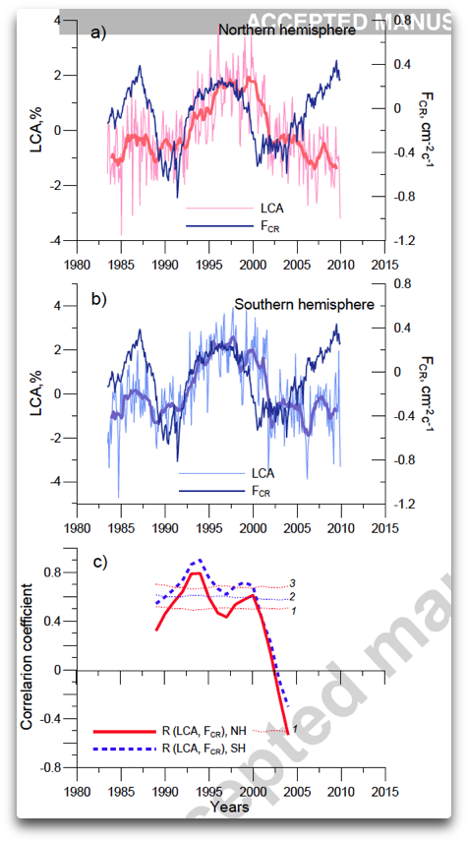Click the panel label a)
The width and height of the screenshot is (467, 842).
[x=98, y=32]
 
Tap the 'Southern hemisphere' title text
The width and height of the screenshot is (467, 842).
[x=304, y=305]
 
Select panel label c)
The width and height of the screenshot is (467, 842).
[x=99, y=563]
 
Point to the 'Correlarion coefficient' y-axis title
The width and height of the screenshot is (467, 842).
[x=29, y=656]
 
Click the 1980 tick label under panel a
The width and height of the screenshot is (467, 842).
[x=77, y=265]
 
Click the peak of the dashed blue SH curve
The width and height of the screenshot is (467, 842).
[x=200, y=560]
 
